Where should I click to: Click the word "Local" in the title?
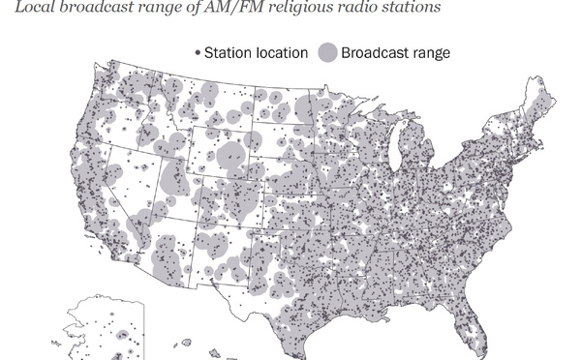click(23, 8)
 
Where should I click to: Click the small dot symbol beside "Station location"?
click(199, 51)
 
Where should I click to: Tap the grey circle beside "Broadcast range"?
click(327, 51)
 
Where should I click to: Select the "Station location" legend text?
click(256, 51)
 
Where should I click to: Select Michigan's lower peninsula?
click(423, 155)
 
